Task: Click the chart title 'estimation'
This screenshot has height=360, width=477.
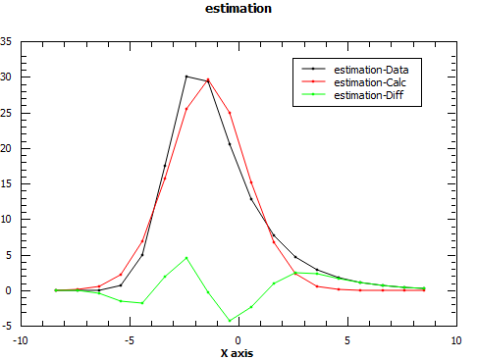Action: click(x=238, y=9)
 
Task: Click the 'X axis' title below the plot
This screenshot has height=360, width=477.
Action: click(x=238, y=352)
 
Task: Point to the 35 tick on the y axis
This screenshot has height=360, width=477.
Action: click(x=7, y=41)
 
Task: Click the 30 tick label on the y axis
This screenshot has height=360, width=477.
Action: click(x=7, y=77)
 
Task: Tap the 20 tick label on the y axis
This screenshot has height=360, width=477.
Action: click(x=7, y=148)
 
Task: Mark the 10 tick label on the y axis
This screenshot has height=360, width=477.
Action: click(x=7, y=220)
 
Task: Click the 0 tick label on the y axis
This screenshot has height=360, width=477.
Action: click(x=10, y=290)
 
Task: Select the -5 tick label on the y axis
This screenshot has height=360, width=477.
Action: click(x=8, y=326)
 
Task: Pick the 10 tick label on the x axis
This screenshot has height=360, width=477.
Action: click(x=455, y=340)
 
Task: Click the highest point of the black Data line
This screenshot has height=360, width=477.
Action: click(x=186, y=77)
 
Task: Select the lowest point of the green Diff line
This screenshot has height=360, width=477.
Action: click(x=230, y=321)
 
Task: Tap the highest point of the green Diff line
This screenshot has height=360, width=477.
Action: click(x=186, y=258)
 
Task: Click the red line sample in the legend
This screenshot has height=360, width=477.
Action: click(x=312, y=82)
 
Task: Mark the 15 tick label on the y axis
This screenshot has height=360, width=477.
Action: click(x=7, y=184)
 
